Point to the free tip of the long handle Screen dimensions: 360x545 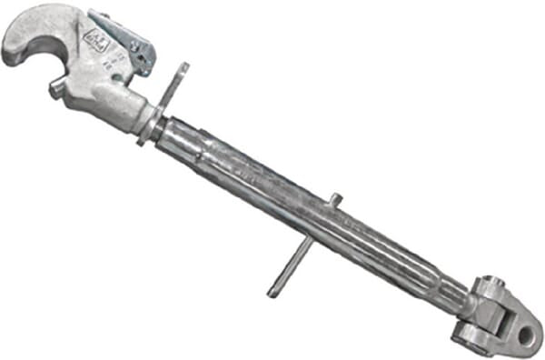pos(273,292)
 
